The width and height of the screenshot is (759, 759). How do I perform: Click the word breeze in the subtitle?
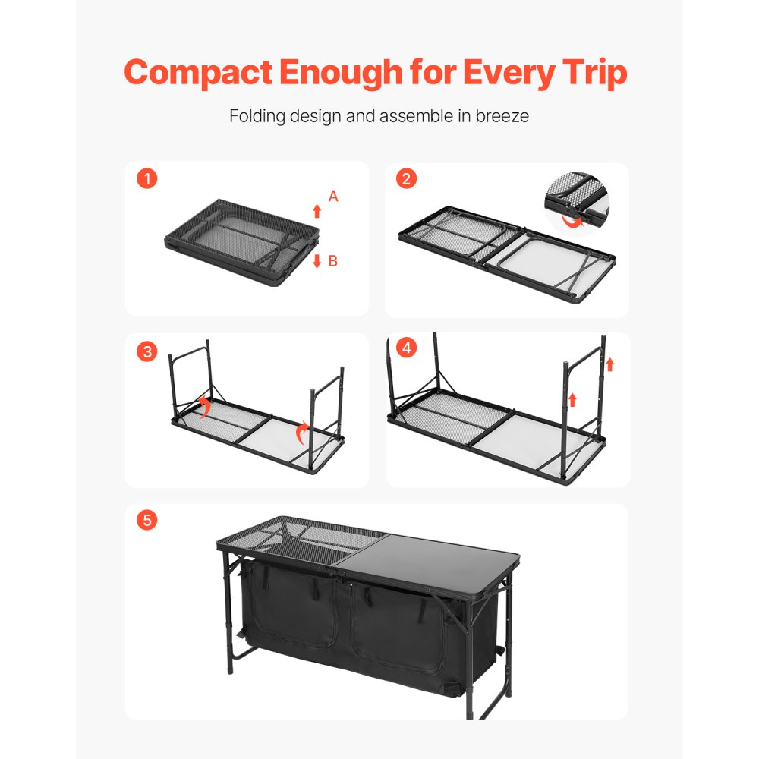[502, 117]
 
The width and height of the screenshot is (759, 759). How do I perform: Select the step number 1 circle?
[147, 179]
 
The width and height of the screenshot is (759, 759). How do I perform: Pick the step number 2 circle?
[407, 179]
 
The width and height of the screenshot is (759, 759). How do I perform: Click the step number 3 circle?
[147, 351]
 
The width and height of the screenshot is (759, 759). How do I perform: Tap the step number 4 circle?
[408, 348]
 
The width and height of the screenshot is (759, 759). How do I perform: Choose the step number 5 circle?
[147, 520]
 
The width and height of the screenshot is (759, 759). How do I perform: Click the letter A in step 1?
[332, 197]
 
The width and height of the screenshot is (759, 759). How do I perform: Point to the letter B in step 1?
[332, 261]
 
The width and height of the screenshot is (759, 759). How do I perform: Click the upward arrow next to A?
[317, 211]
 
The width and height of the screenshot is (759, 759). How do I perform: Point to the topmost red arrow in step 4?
[609, 364]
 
